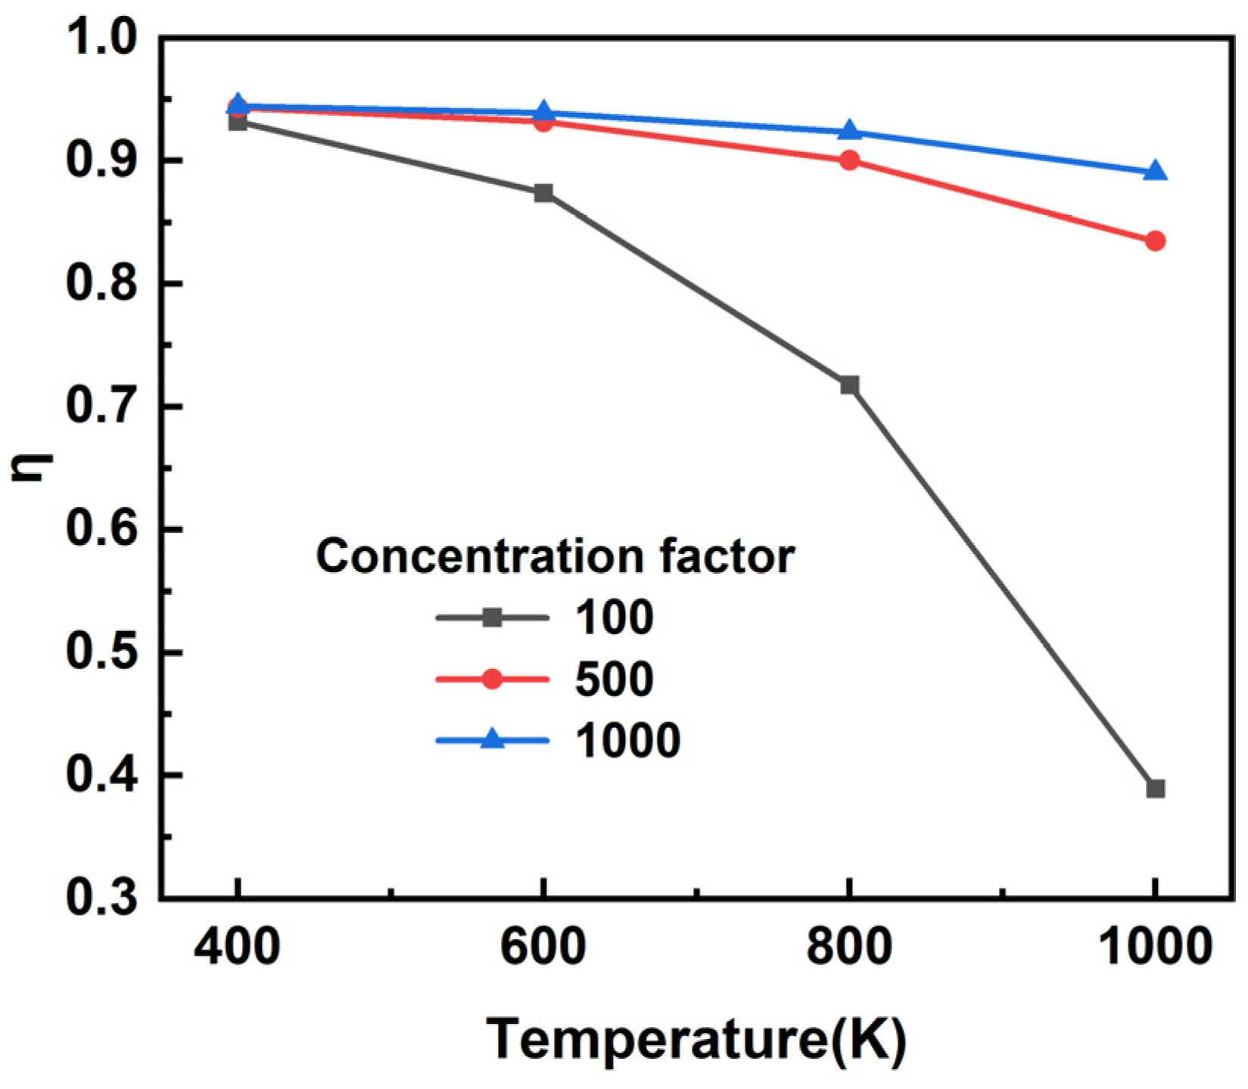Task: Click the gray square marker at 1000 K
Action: click(x=1155, y=789)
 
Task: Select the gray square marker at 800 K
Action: click(x=849, y=385)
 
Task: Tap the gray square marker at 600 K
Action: click(x=543, y=193)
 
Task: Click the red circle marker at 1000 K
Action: click(x=1155, y=241)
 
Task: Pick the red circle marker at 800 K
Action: click(x=849, y=160)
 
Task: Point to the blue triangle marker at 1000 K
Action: click(x=1155, y=172)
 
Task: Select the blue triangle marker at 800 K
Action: click(x=849, y=131)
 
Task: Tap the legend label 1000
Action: click(x=627, y=740)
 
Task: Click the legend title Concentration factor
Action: click(x=555, y=557)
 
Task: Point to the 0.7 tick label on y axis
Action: click(x=103, y=407)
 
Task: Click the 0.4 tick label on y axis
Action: click(x=103, y=776)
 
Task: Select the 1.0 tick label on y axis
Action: click(x=103, y=38)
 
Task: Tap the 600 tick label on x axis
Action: click(x=543, y=947)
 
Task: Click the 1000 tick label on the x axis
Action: click(x=1153, y=947)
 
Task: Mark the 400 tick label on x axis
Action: click(x=237, y=947)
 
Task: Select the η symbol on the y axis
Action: click(x=32, y=466)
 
